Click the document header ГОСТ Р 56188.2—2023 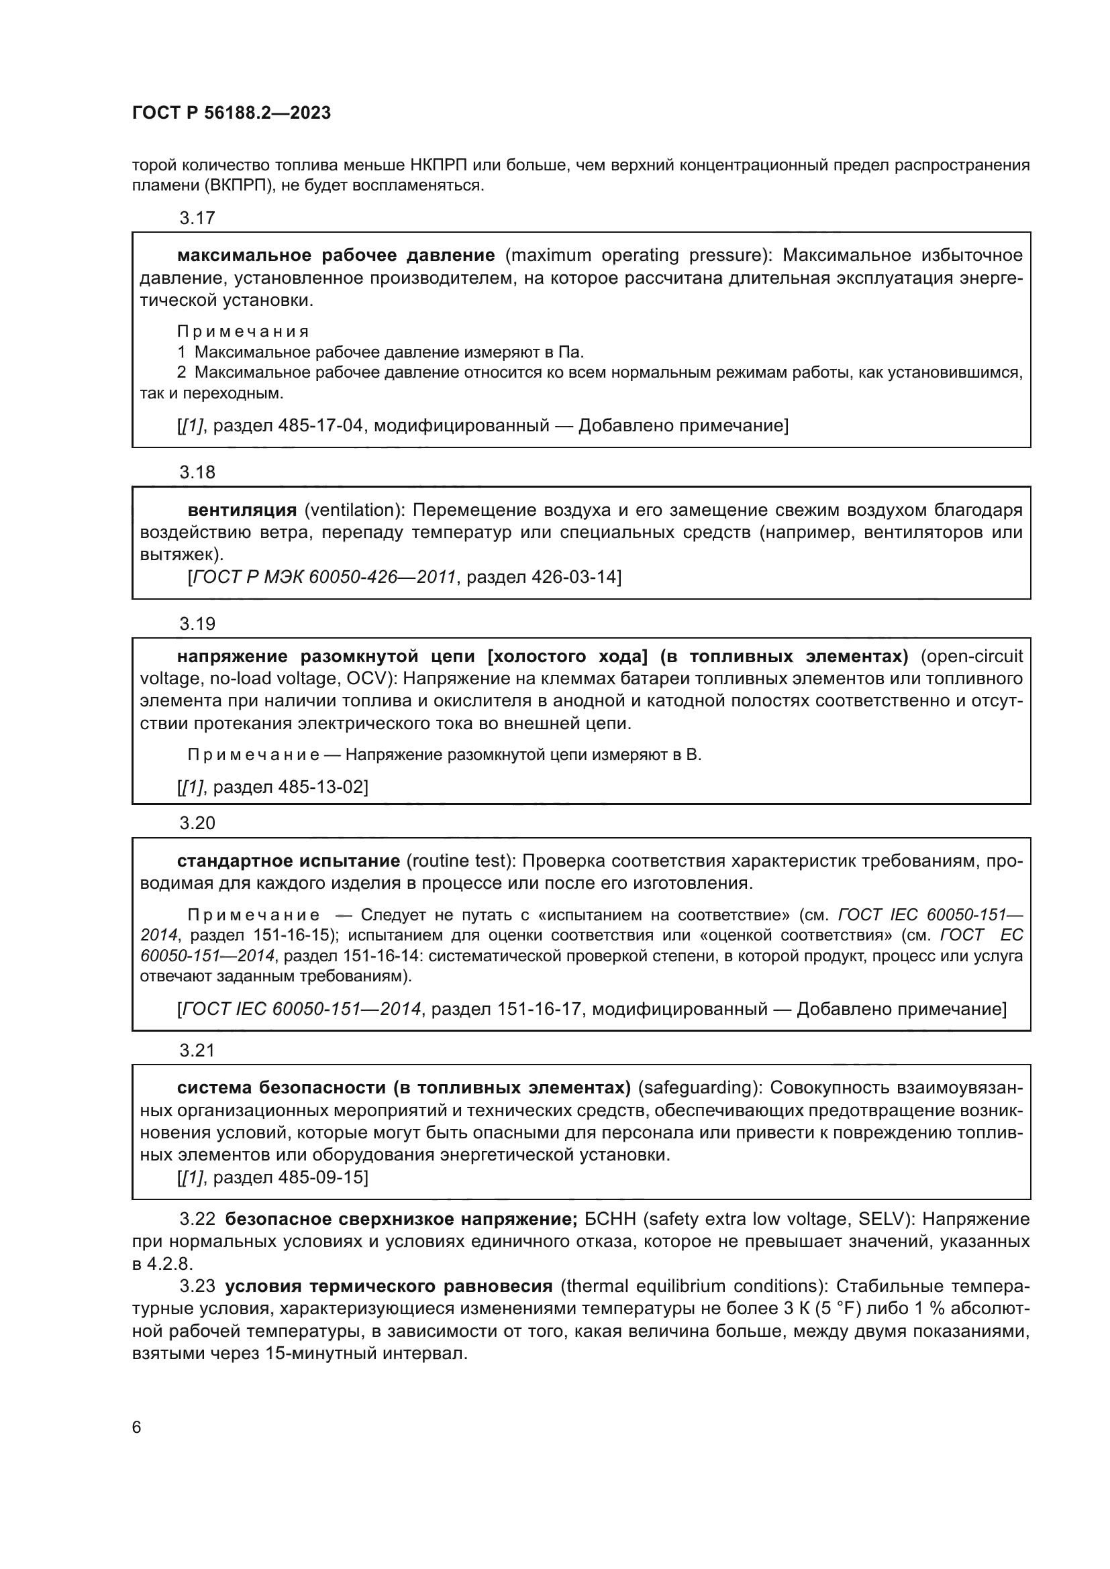coord(231,113)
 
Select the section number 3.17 coord(197,218)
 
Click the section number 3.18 coord(197,472)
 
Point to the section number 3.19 coord(197,624)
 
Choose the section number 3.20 coord(197,824)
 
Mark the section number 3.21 coord(197,1050)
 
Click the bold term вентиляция coord(242,510)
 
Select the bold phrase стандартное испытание coord(289,861)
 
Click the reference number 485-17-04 coord(320,427)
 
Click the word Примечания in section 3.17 coord(243,332)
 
